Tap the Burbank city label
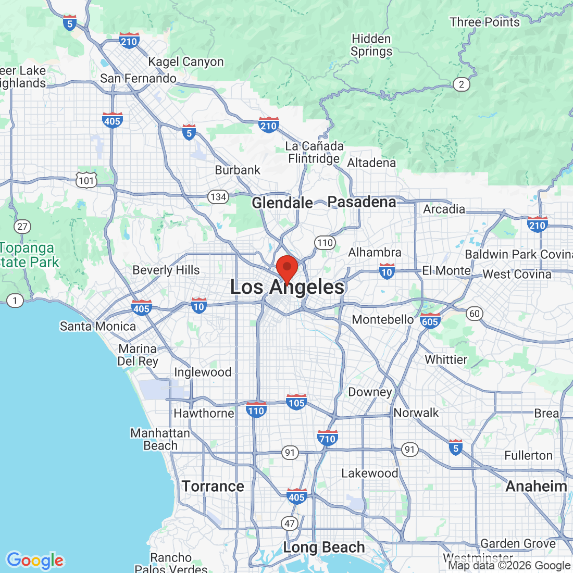pyautogui.click(x=238, y=170)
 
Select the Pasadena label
pyautogui.click(x=362, y=202)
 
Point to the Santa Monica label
pyautogui.click(x=98, y=327)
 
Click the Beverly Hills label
pyautogui.click(x=166, y=270)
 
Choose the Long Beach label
pyautogui.click(x=324, y=547)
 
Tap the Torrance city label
pyautogui.click(x=213, y=487)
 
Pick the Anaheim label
pyautogui.click(x=537, y=487)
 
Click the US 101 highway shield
pyautogui.click(x=86, y=180)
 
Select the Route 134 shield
pyautogui.click(x=218, y=197)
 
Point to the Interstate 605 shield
pyautogui.click(x=430, y=321)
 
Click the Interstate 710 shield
pyautogui.click(x=328, y=438)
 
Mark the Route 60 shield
pyautogui.click(x=475, y=313)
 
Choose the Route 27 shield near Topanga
pyautogui.click(x=22, y=226)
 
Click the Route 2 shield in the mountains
pyautogui.click(x=461, y=84)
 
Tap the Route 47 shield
pyautogui.click(x=290, y=524)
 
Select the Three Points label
pyautogui.click(x=485, y=22)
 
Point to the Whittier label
pyautogui.click(x=446, y=360)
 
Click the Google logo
pyautogui.click(x=35, y=560)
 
